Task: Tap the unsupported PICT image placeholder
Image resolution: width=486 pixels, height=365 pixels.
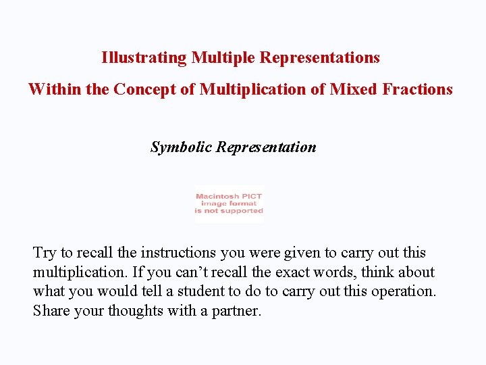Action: [x=229, y=203]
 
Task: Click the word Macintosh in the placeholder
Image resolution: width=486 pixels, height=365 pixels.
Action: [x=214, y=197]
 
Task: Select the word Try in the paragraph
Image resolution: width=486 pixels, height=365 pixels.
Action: [x=45, y=253]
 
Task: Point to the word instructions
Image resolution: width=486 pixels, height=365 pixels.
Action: [x=178, y=253]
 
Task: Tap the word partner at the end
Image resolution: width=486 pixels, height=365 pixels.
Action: [x=237, y=312]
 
